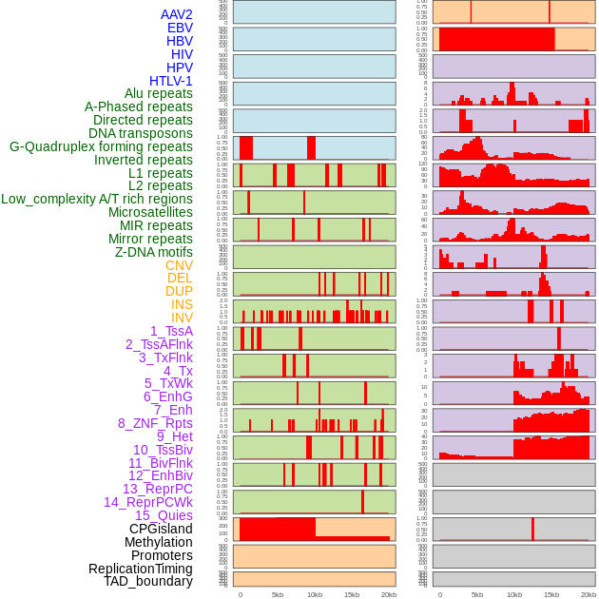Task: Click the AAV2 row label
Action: click(x=177, y=14)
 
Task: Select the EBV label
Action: click(x=180, y=28)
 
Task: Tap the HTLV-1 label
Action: click(x=171, y=81)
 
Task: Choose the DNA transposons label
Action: click(x=141, y=133)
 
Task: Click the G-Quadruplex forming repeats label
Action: click(x=101, y=146)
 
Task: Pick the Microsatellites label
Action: click(x=150, y=212)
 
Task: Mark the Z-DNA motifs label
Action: click(x=154, y=252)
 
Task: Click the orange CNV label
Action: click(x=179, y=265)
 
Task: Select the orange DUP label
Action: click(x=179, y=291)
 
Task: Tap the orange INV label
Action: click(x=182, y=318)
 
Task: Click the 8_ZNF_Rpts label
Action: click(x=155, y=423)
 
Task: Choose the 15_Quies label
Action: click(x=163, y=515)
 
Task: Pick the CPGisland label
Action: click(x=161, y=529)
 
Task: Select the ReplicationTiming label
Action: click(x=141, y=569)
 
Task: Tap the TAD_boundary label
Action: click(x=148, y=581)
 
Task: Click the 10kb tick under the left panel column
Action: click(x=314, y=594)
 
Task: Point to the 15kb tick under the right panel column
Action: click(x=551, y=594)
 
